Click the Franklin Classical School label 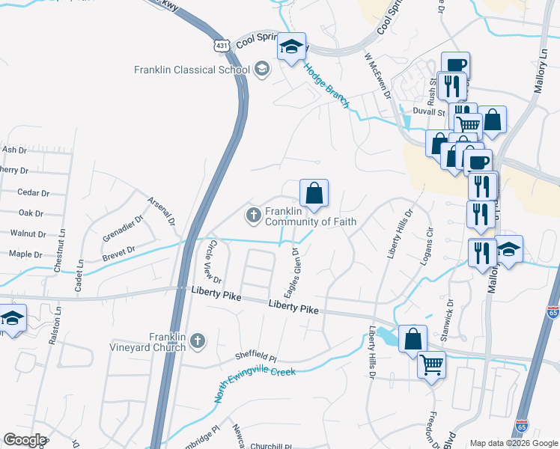point(192,70)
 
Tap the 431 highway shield point(221,46)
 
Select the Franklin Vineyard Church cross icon point(198,342)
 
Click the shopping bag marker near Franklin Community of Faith point(314,193)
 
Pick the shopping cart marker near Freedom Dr point(432,366)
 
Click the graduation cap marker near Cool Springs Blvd point(291,49)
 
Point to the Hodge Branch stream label point(326,85)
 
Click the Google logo point(25,439)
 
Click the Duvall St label point(429,111)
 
